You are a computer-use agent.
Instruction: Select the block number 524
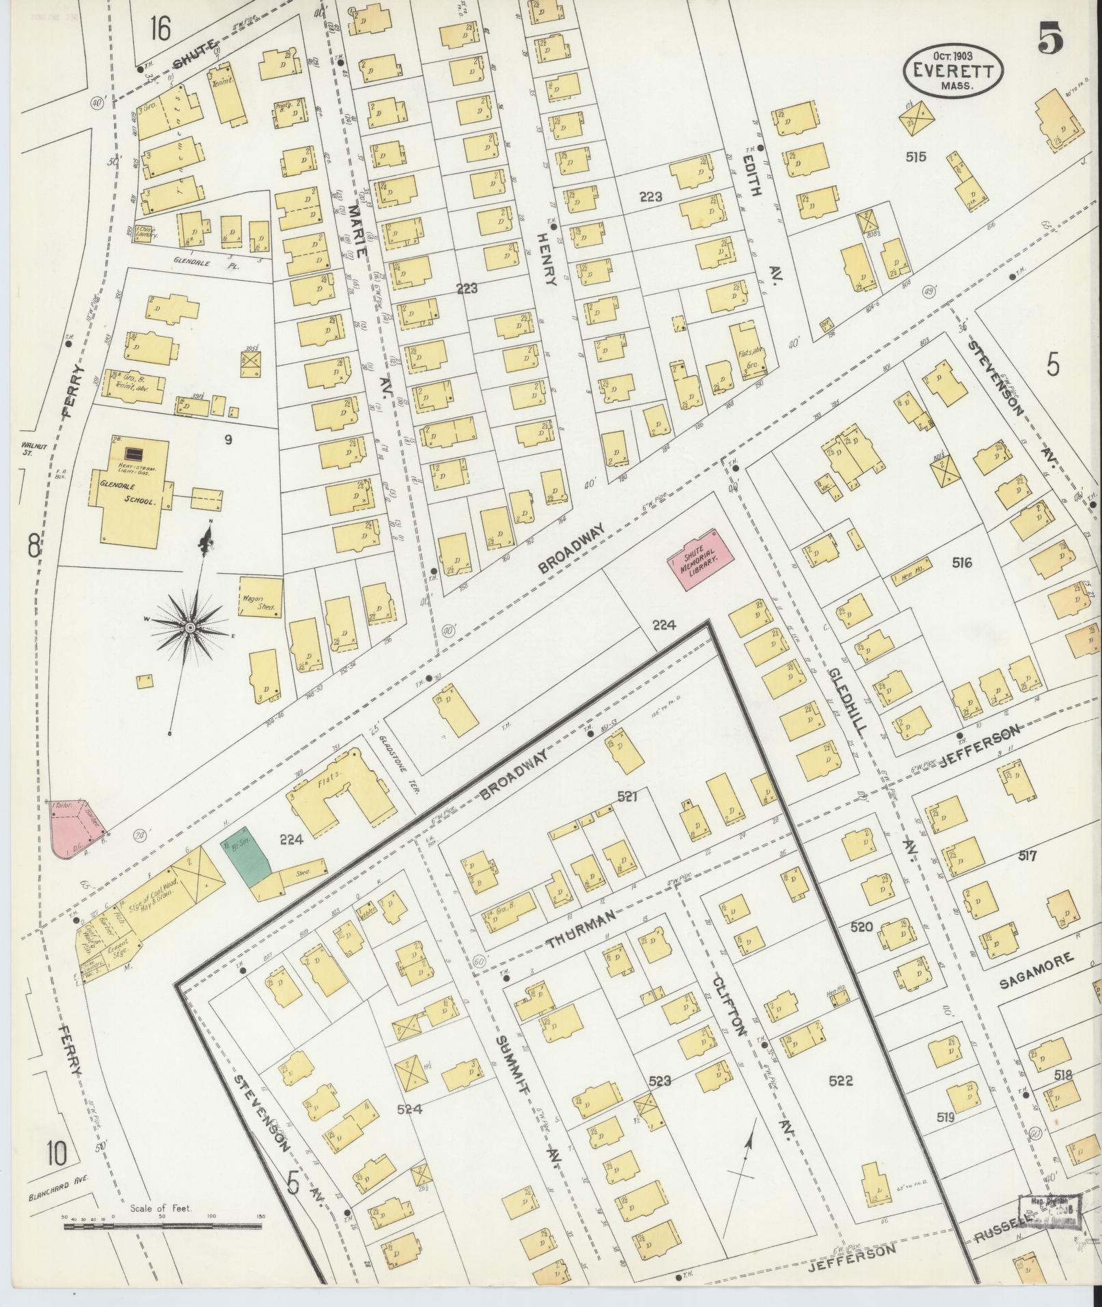coord(409,1109)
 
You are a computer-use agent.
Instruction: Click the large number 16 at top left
coord(162,29)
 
